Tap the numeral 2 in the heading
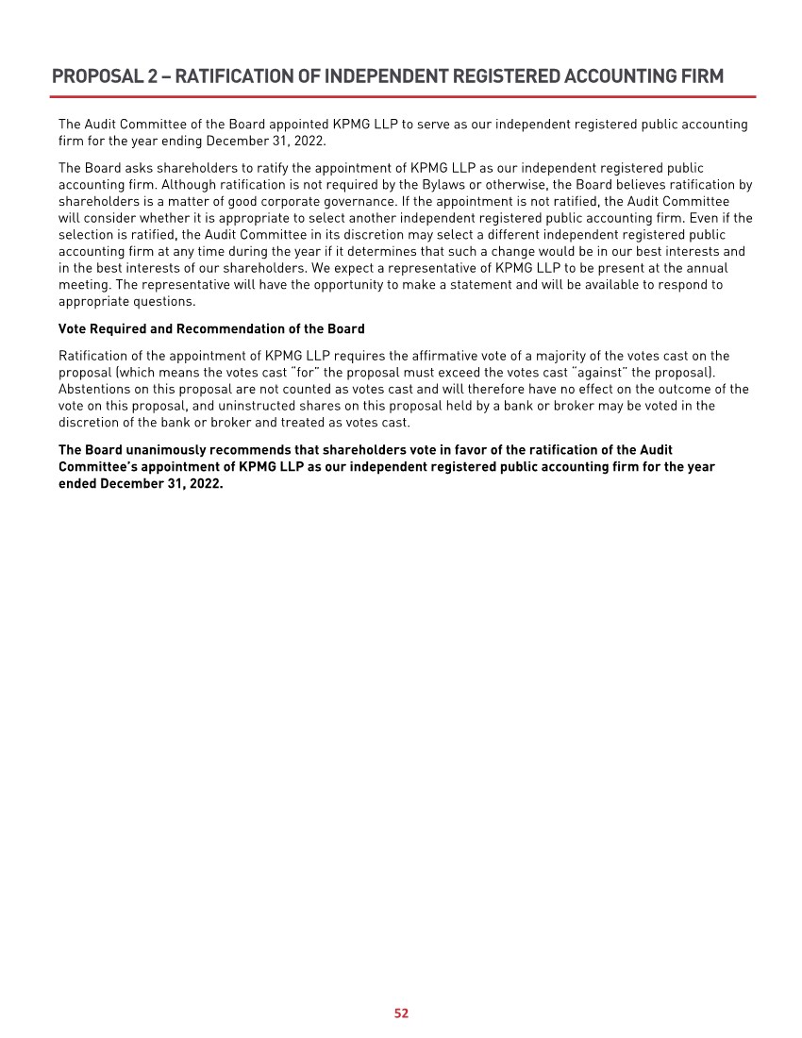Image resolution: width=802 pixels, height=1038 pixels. coord(153,76)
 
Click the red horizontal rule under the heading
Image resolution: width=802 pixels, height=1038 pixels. coord(403,96)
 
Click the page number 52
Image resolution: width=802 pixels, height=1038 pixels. coord(401,1013)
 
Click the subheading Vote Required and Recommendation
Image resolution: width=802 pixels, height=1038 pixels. coord(211,329)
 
